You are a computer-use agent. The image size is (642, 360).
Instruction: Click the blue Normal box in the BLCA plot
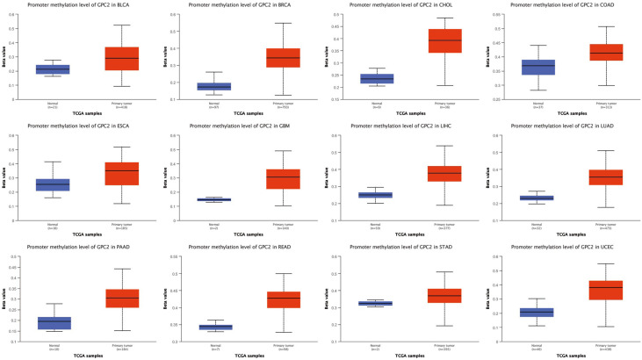pos(53,69)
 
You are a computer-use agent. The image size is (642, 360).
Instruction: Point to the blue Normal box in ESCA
pos(53,184)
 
